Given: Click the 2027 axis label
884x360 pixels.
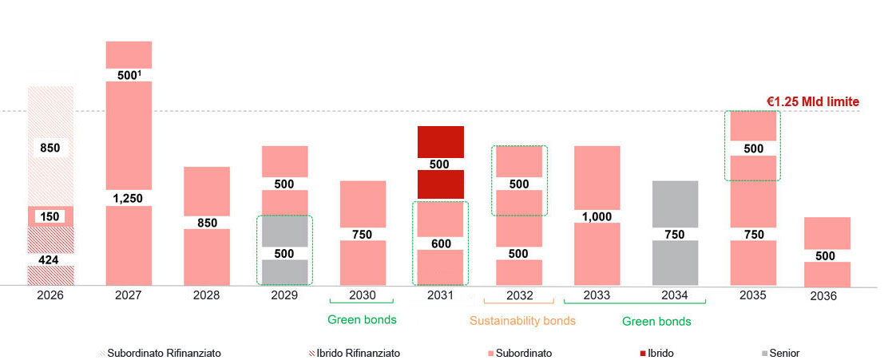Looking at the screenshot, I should (128, 295).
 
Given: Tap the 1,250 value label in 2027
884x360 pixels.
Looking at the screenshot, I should (128, 198).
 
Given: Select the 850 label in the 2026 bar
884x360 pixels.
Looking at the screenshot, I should (50, 148).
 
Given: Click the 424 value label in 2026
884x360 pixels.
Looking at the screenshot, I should (50, 259).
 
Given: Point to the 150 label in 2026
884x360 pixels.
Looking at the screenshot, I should (50, 217).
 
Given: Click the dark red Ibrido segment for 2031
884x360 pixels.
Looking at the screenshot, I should (440, 142).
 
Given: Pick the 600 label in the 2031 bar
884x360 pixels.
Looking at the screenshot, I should (440, 243).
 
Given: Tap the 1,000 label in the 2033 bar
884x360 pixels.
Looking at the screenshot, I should (597, 216).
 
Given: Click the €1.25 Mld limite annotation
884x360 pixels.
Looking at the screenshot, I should (812, 101).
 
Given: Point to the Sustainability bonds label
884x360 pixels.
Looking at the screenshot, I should (521, 321).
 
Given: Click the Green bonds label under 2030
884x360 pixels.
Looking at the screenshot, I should (362, 320).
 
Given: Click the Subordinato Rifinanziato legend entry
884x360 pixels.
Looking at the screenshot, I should (158, 353).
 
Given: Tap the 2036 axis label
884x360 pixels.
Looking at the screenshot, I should (823, 296).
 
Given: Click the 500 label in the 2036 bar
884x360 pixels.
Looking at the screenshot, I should (826, 255).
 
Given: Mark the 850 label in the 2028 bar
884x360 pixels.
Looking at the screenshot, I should (206, 223).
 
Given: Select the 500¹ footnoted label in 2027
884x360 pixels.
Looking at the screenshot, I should (128, 75).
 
